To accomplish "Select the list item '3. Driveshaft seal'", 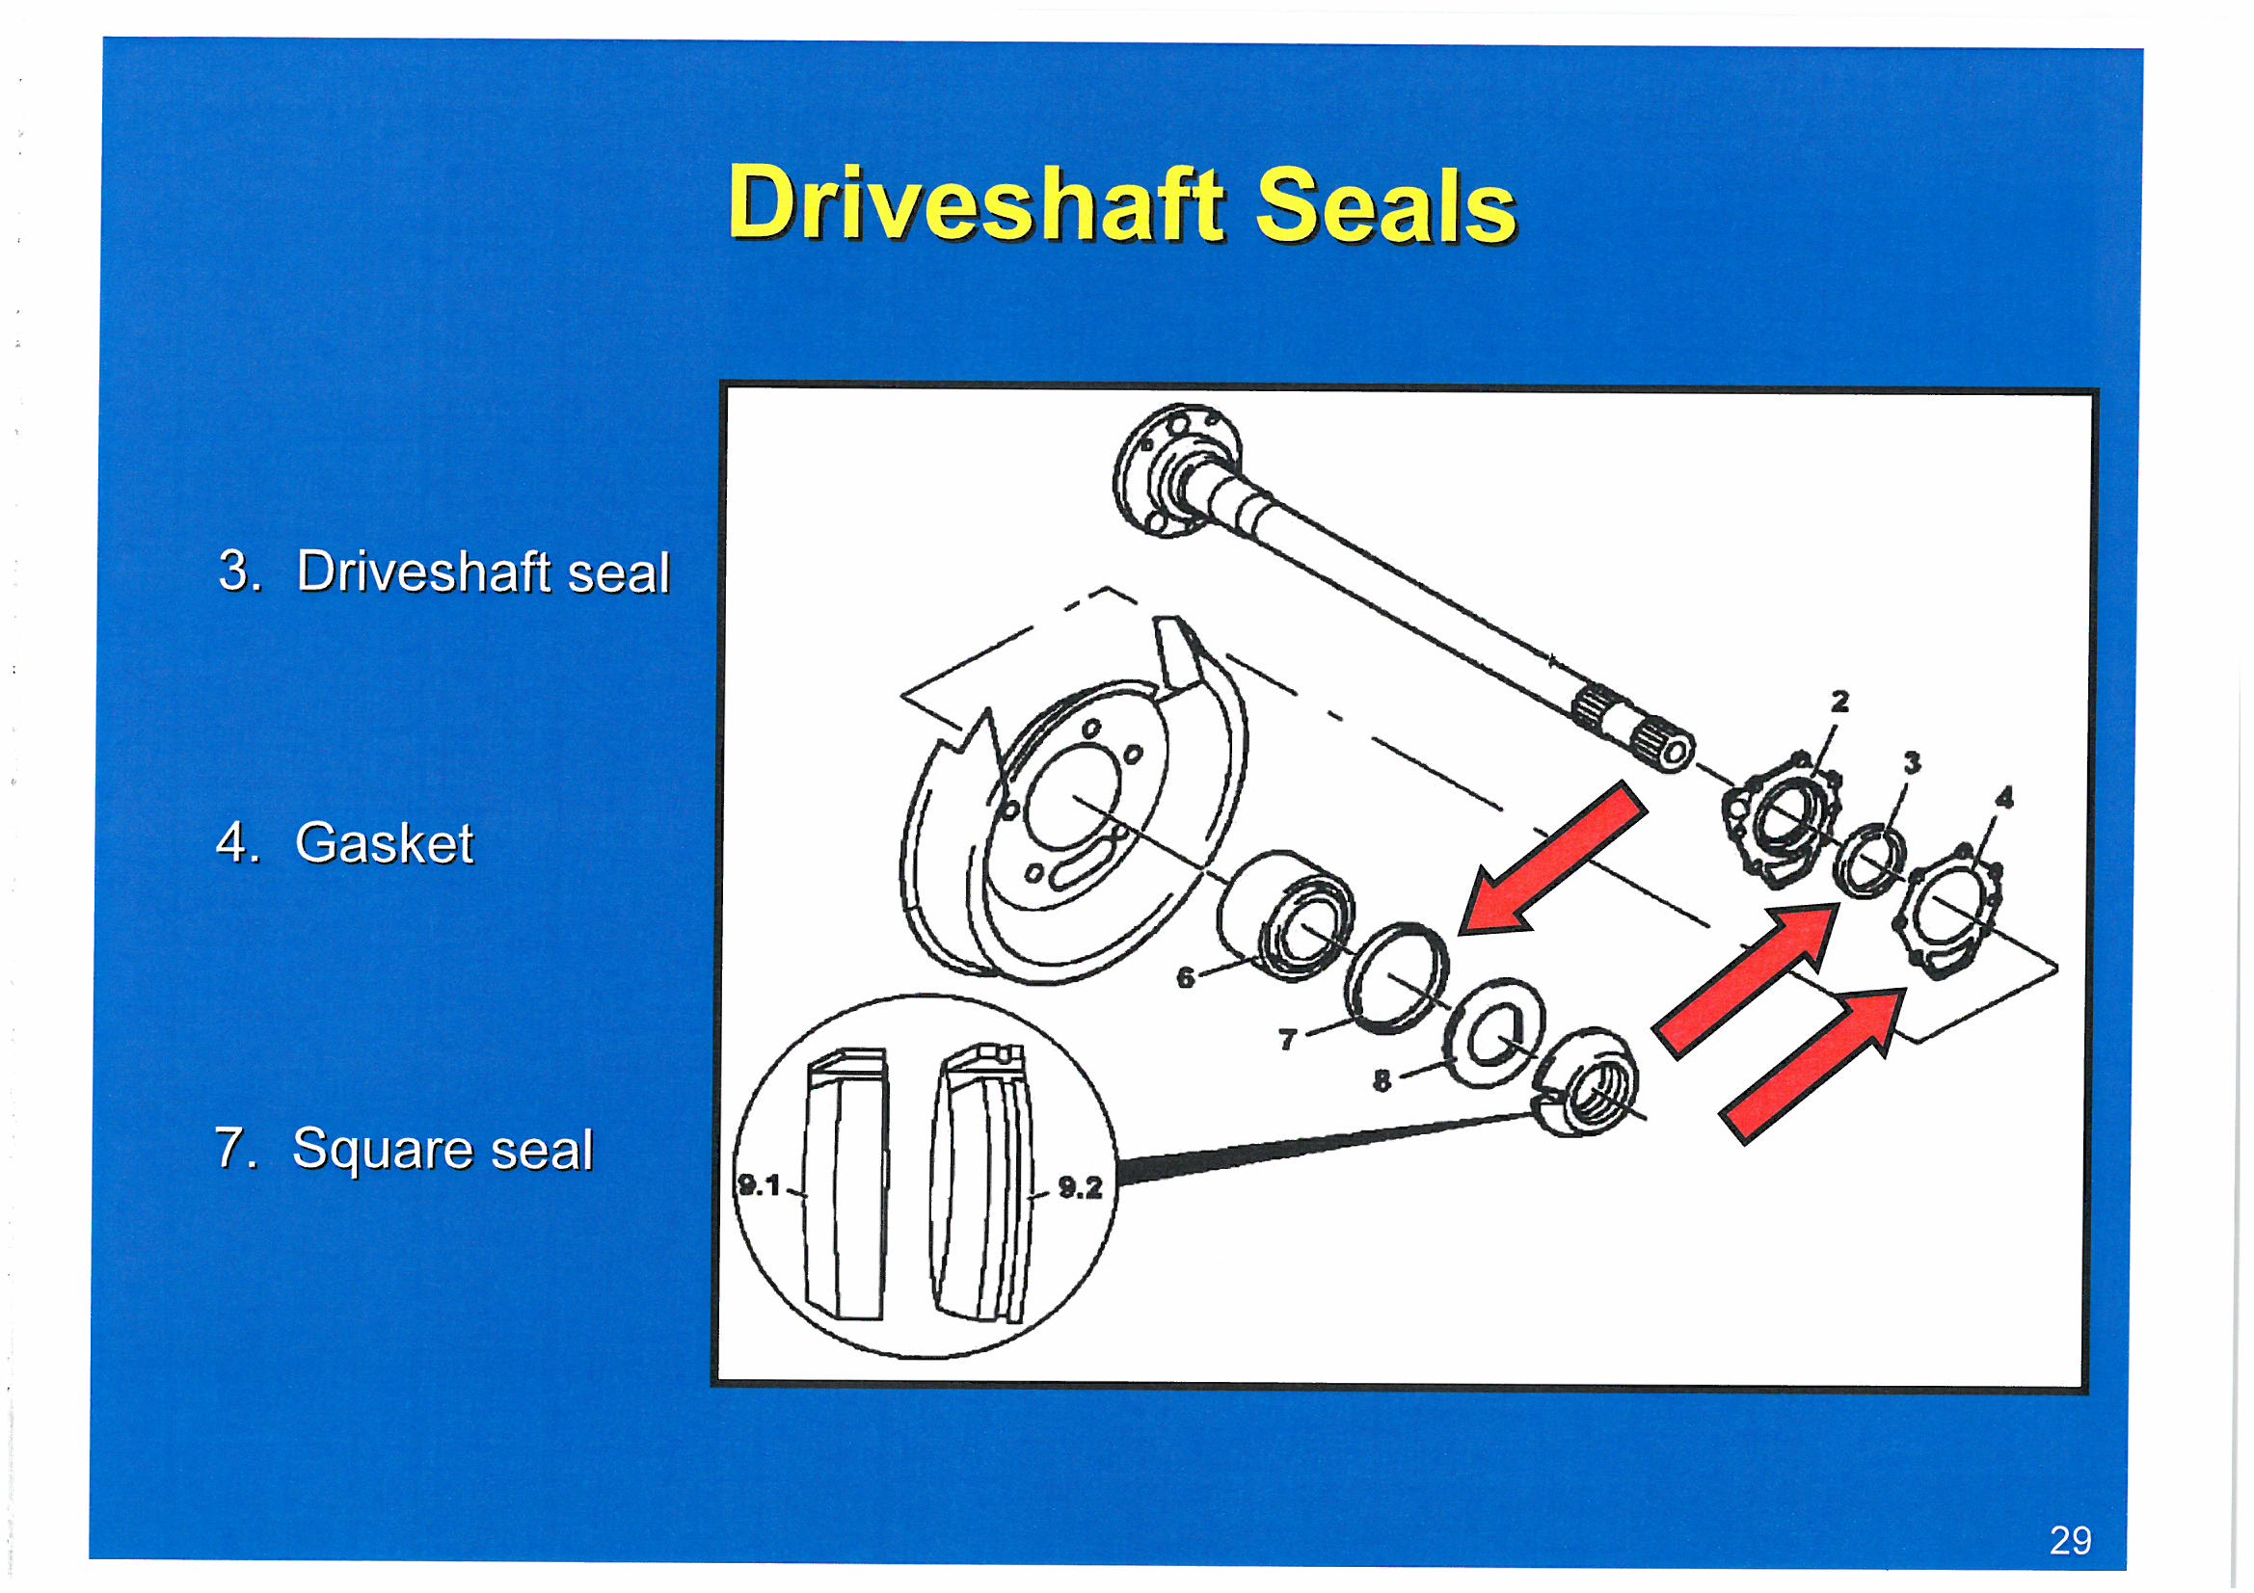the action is (443, 571).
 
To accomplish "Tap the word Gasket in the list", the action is (384, 842).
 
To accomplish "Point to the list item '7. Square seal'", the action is (404, 1148).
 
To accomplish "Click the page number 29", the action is (2071, 1540).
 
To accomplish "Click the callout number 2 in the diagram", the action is (1839, 701).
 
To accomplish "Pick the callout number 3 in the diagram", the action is (1912, 762).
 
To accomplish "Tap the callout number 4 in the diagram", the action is (2003, 797).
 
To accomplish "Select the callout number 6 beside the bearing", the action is (1186, 977).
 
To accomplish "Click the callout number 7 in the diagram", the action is (1288, 1039).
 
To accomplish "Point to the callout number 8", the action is (1382, 1080).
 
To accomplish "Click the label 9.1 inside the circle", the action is (759, 1185).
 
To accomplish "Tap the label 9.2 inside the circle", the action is (1080, 1187).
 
